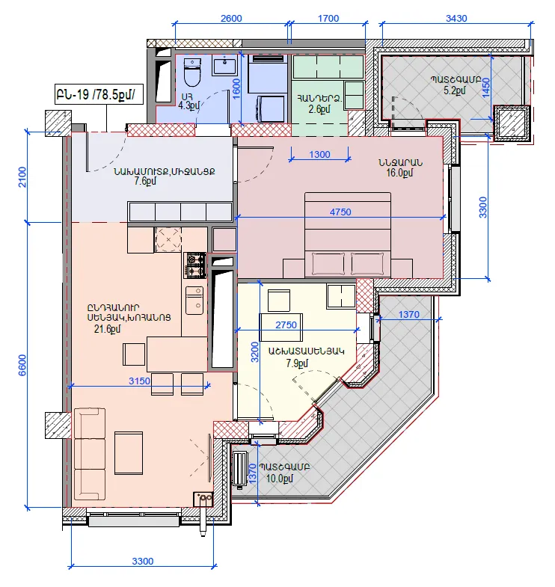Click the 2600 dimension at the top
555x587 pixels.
tap(231, 19)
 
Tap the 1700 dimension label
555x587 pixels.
tap(328, 19)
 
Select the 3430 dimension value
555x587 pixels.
tap(456, 19)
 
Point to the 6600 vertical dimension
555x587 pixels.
tap(22, 365)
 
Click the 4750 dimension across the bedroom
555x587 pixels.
tap(340, 212)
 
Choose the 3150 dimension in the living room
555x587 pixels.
tap(139, 381)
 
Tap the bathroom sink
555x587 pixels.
tap(224, 65)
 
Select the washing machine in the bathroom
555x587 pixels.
tap(271, 109)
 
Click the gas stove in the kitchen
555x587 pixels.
tap(194, 265)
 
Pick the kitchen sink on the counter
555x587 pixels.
tap(194, 301)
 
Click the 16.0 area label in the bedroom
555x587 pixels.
tap(399, 173)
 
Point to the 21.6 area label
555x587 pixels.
tap(108, 329)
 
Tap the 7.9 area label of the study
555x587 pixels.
tap(297, 363)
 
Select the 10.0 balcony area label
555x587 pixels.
tap(280, 478)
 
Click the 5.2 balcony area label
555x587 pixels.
tap(455, 90)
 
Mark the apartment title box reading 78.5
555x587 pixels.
tap(99, 94)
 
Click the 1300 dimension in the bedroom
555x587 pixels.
tap(319, 154)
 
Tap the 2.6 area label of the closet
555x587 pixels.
tap(319, 109)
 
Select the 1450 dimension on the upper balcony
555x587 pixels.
tap(486, 87)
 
